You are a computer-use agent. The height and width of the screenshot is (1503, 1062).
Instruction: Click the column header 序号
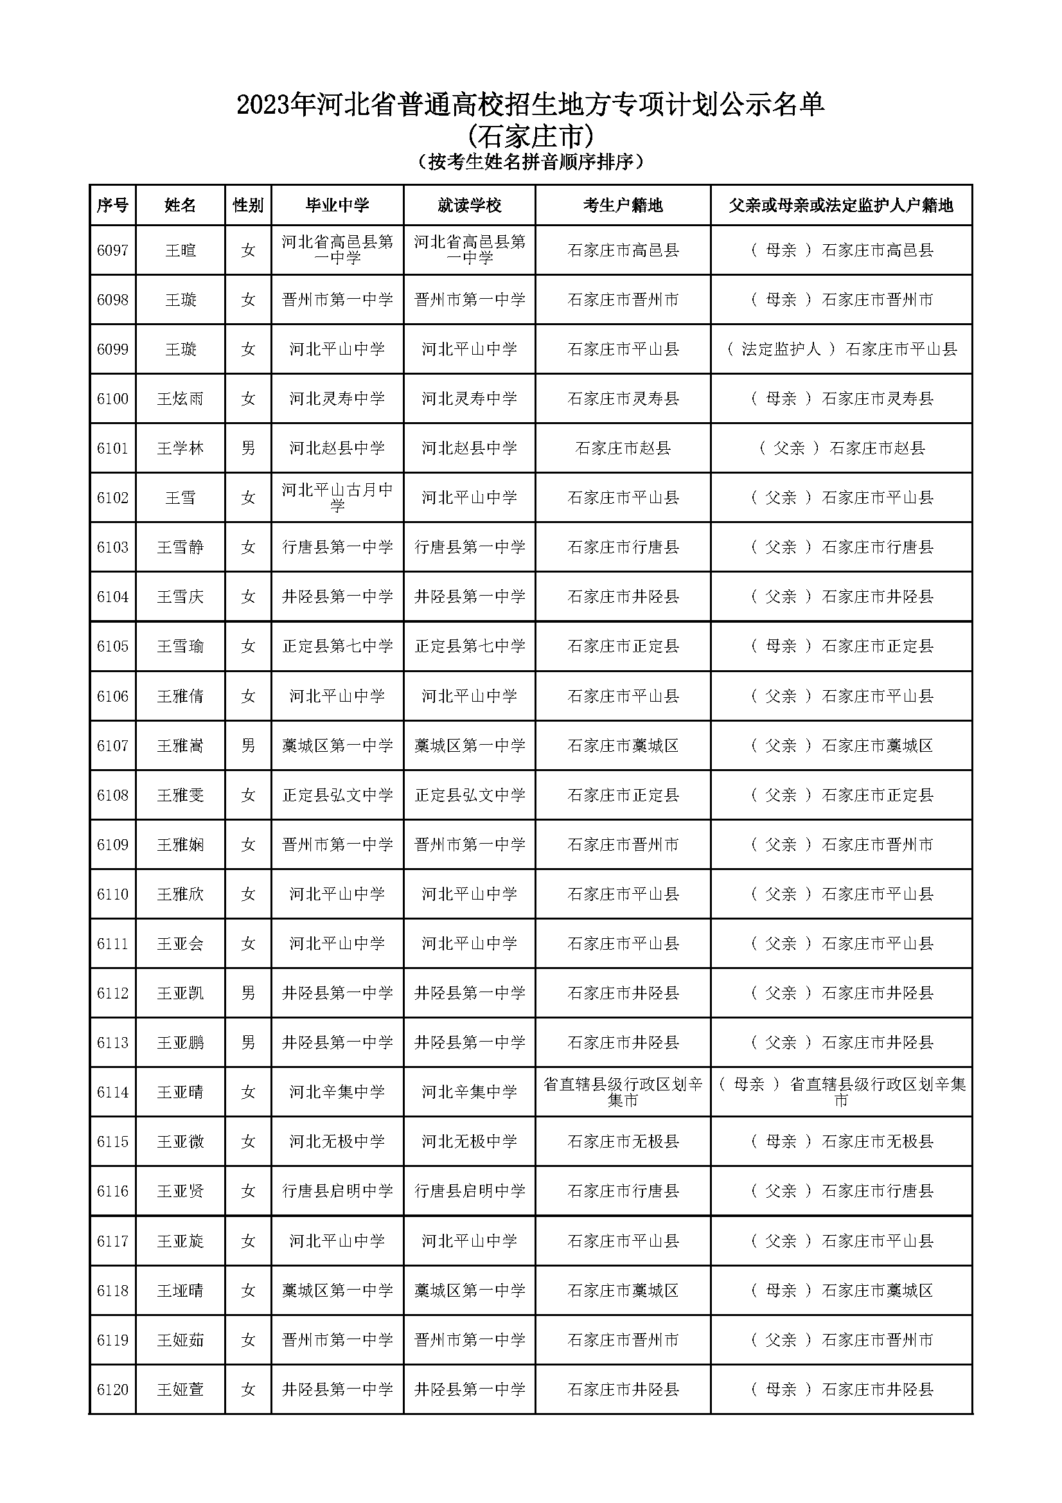[x=112, y=206]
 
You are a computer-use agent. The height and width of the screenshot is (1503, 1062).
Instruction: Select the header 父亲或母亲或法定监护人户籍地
[x=841, y=206]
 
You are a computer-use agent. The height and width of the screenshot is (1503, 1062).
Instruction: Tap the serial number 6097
[x=112, y=250]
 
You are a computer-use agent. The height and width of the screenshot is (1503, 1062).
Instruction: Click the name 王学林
[x=180, y=449]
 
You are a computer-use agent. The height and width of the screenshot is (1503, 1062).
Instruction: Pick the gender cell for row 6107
[x=248, y=745]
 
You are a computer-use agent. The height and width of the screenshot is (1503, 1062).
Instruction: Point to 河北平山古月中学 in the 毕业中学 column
[x=337, y=497]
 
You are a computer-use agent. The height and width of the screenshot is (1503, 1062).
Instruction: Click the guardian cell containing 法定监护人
[x=841, y=349]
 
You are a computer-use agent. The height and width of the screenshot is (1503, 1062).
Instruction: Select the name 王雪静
[x=180, y=547]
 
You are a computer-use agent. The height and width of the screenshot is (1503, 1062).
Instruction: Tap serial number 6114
[x=112, y=1092]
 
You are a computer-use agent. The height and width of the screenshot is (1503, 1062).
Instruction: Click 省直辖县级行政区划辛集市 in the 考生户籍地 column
[x=623, y=1092]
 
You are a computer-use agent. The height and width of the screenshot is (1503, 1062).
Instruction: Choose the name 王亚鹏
[x=180, y=1043]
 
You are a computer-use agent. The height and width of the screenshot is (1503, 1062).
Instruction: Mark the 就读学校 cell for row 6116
[x=469, y=1191]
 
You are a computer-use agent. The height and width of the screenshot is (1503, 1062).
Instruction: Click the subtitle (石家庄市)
[x=531, y=136]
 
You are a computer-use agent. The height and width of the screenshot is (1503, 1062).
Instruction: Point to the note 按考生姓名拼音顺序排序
[x=531, y=162]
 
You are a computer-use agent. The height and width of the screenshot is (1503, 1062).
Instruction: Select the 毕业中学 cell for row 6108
[x=337, y=796]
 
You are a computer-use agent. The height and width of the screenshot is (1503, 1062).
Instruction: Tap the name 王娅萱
[x=180, y=1390]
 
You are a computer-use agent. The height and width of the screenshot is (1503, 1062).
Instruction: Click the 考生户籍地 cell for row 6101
[x=623, y=449]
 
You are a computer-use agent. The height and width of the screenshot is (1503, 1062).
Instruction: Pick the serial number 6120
[x=112, y=1390]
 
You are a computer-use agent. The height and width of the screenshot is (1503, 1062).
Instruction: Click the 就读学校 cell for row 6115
[x=469, y=1142]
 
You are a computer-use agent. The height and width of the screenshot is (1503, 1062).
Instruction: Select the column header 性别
[x=248, y=206]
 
